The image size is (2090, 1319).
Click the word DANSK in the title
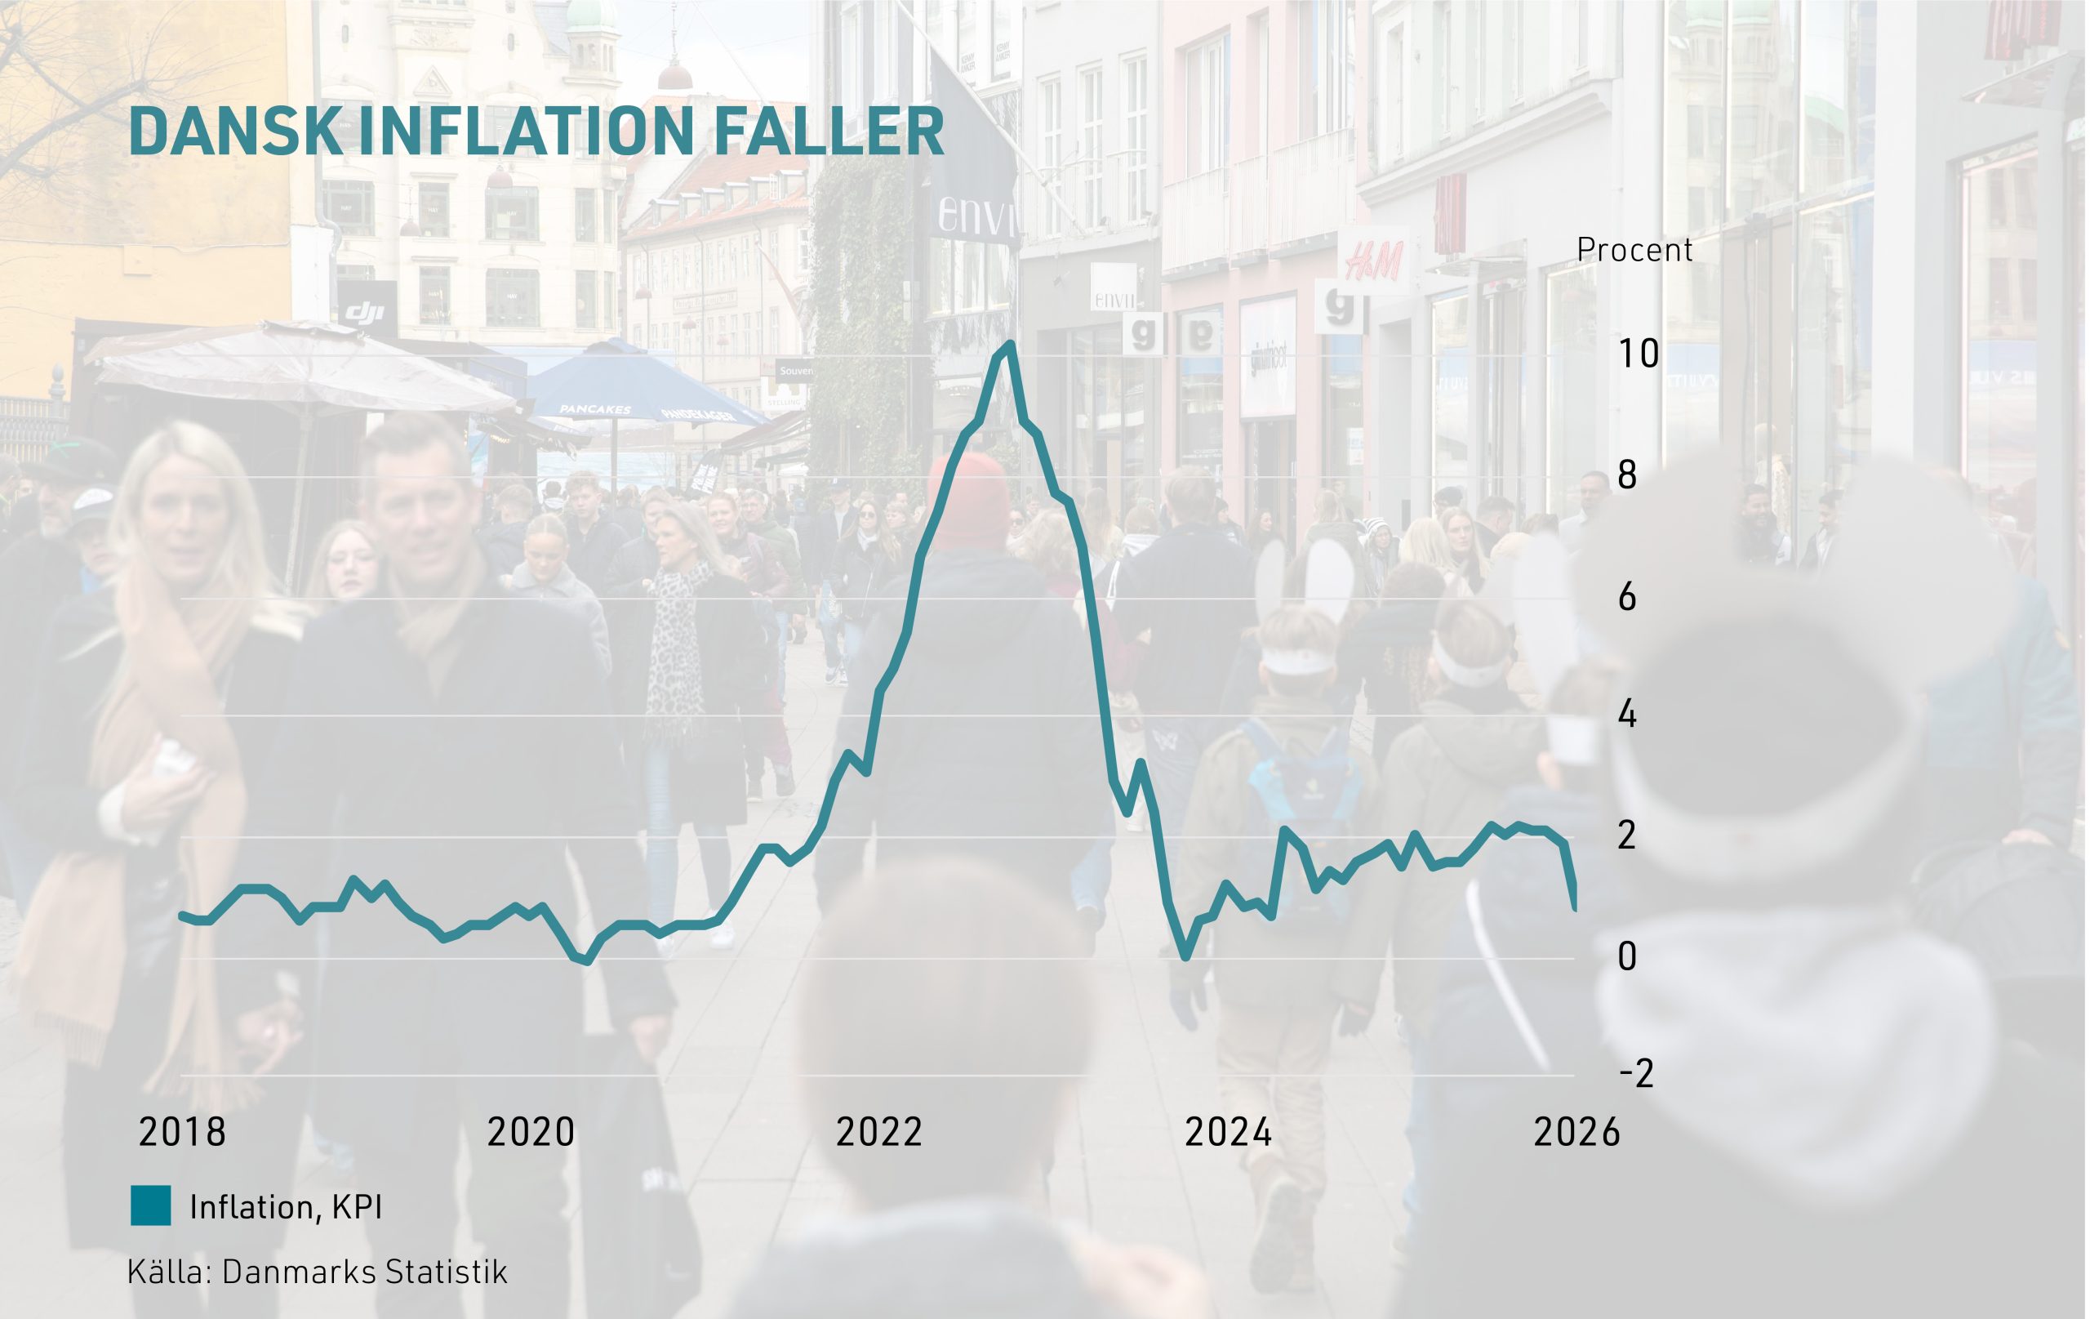coord(235,132)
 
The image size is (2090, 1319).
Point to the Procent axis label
coord(1634,251)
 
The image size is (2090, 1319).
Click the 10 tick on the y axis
coord(1638,354)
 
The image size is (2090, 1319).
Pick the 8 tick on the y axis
coord(1627,476)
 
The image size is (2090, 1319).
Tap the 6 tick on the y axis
coord(1627,597)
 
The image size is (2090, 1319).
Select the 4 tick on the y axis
coord(1627,715)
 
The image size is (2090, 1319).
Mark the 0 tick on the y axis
coord(1627,957)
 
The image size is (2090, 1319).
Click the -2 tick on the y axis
coord(1636,1075)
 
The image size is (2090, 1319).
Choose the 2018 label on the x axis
coord(182,1132)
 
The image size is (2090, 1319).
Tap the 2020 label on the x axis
coord(531,1132)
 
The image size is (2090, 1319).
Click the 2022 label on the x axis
coord(879,1132)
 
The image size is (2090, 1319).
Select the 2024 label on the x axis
coord(1228,1132)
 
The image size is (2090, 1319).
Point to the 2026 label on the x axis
coord(1576,1132)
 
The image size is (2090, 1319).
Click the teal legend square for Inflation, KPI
coord(150,1206)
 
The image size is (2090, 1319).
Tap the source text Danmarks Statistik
coord(363,1272)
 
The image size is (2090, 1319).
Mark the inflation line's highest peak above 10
coord(1010,345)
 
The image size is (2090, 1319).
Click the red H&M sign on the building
coord(1373,260)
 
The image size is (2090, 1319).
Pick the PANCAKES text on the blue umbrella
coord(595,409)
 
